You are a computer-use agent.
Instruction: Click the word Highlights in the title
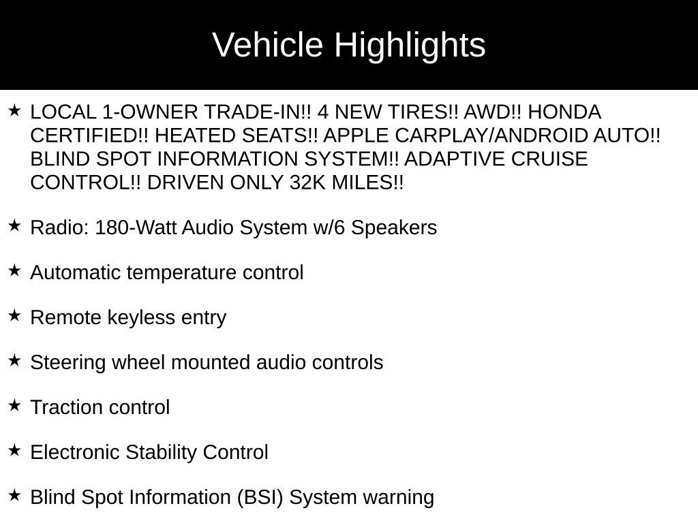coord(410,46)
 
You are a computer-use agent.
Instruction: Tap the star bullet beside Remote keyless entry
coord(15,315)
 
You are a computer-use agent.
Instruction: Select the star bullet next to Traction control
coord(15,405)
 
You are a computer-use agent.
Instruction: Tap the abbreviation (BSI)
coord(260,497)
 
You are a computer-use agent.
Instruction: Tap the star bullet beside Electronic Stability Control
coord(15,450)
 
